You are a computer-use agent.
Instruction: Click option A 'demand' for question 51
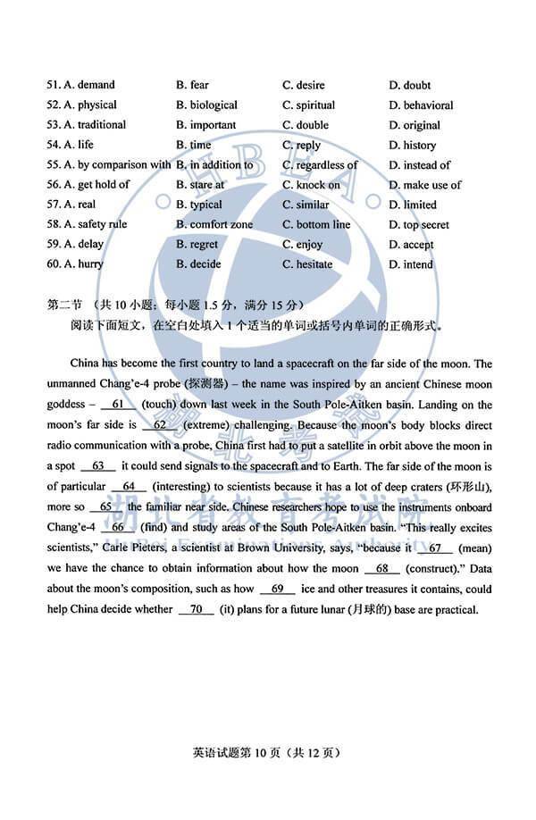[89, 85]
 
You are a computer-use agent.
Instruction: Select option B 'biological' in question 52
[206, 105]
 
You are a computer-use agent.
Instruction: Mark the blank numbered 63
[97, 465]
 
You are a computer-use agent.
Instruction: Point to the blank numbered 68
[381, 568]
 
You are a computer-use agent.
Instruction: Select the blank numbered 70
[196, 609]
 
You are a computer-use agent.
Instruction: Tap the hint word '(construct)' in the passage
[435, 568]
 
